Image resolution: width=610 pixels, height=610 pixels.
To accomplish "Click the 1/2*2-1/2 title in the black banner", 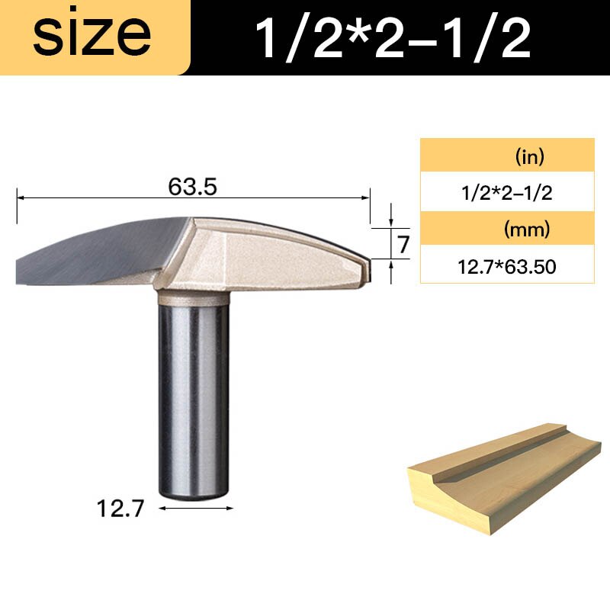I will click(x=392, y=38).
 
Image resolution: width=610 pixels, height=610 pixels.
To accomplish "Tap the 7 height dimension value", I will click(x=403, y=244).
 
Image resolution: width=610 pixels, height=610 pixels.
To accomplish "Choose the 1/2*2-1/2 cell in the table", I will click(x=506, y=193).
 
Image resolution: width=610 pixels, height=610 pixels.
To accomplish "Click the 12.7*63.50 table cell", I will click(x=506, y=266).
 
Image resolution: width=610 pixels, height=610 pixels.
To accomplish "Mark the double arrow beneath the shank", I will click(x=194, y=507).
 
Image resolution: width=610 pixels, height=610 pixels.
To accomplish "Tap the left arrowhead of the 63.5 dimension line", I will click(x=21, y=197).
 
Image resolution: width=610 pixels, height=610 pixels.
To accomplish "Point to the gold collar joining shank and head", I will click(x=193, y=297).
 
